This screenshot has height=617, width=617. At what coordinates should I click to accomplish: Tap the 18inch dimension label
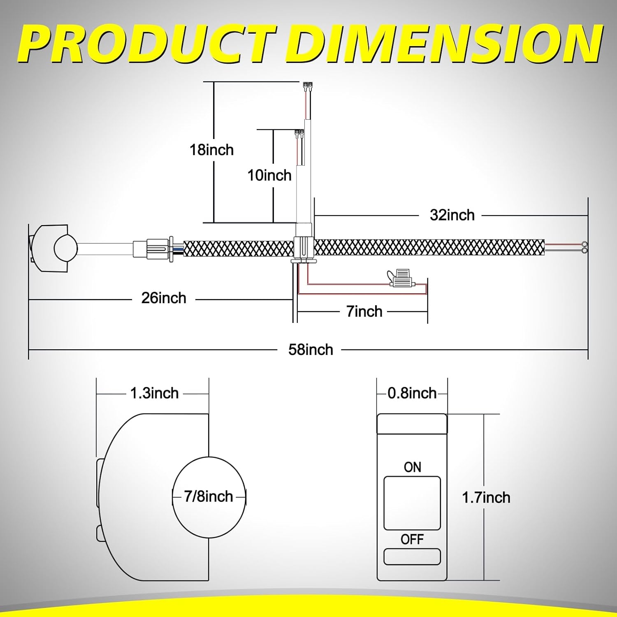click(211, 150)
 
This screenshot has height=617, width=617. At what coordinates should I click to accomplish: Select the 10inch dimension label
click(269, 175)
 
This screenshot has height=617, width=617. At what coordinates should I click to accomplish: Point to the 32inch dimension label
click(452, 215)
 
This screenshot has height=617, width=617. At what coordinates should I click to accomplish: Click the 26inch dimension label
click(164, 298)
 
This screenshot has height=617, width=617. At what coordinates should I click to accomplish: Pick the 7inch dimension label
click(364, 311)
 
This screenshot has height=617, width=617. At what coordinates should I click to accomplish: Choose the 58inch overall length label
click(311, 350)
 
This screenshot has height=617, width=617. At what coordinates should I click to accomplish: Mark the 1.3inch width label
click(154, 393)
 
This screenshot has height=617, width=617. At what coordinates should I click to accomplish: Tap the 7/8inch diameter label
click(209, 496)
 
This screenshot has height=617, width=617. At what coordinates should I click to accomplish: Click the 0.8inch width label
click(412, 393)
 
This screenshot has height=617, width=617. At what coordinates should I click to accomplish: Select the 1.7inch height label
click(486, 498)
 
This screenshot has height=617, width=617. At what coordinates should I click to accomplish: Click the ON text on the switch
click(413, 467)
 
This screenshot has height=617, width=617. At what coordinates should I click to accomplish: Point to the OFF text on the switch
click(412, 539)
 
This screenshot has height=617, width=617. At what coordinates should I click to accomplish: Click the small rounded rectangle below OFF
click(412, 557)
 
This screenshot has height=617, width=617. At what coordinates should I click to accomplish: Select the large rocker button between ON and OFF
click(412, 503)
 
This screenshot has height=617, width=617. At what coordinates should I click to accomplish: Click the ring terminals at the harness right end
click(584, 246)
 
